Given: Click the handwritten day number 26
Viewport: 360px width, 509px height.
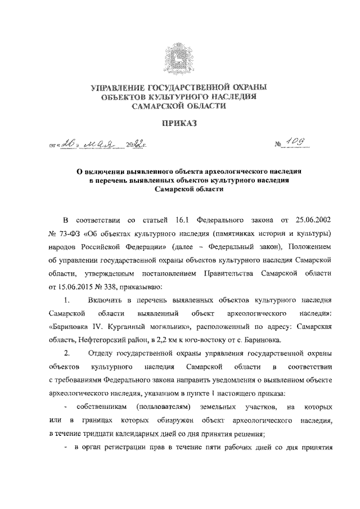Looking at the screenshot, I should click(x=70, y=148).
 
